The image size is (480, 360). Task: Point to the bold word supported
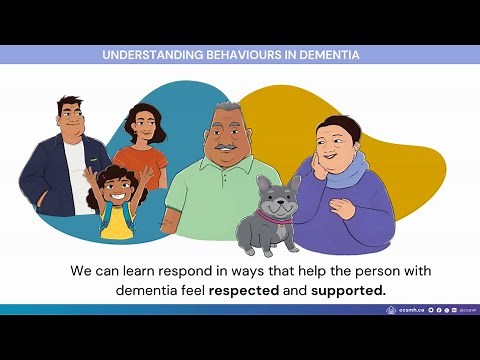point(347,290)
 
